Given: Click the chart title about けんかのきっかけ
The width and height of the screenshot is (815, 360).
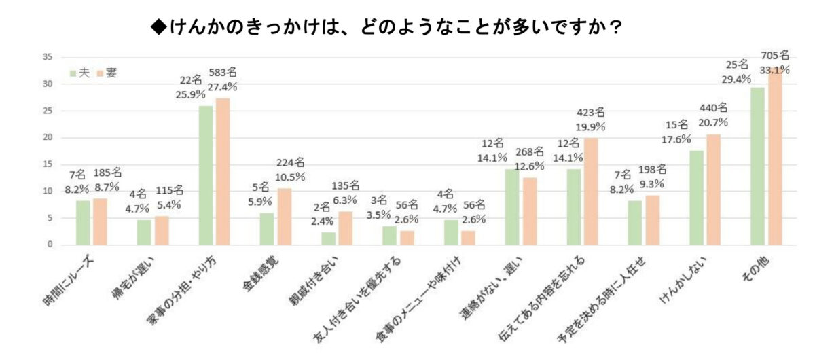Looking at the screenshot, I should click(x=388, y=28).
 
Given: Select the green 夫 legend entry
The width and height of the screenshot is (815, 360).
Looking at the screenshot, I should click(x=80, y=73).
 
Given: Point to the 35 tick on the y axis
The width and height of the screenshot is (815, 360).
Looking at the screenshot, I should click(x=48, y=57).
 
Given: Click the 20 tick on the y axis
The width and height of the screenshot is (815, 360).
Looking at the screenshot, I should click(x=48, y=138).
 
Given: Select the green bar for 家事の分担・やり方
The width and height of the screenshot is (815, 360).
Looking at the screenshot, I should click(x=205, y=175).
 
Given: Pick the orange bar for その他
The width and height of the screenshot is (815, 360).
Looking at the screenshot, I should click(x=774, y=156).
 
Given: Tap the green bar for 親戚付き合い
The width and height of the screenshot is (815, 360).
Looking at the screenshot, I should click(x=328, y=238).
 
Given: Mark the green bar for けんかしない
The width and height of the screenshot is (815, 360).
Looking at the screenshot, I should click(x=696, y=197).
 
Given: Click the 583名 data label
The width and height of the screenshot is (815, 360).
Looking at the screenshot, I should click(x=224, y=72).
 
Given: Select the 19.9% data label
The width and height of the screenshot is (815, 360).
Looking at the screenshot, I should click(x=590, y=126).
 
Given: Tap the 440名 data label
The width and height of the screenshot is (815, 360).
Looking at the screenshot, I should click(x=712, y=107).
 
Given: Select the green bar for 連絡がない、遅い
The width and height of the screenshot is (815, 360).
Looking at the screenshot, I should click(x=512, y=206).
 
